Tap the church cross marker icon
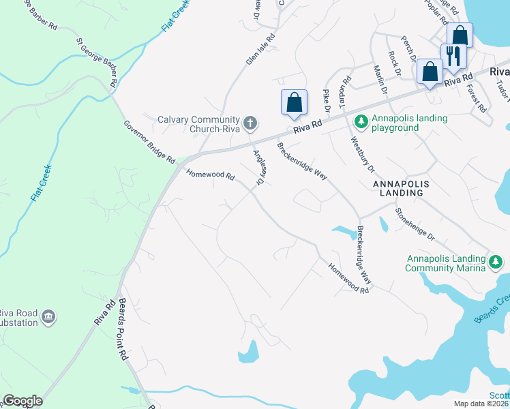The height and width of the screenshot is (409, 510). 250,123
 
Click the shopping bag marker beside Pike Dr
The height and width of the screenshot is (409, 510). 294,102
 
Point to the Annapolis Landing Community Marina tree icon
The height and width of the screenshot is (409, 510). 497,262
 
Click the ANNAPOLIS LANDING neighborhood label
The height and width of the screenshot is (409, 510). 407,188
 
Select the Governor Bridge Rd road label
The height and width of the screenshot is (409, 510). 149,142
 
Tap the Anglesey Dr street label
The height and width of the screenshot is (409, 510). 259,168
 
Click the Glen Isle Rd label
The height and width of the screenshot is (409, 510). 261,49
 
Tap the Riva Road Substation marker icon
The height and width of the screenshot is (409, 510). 48,316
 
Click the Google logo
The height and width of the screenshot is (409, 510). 22,401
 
